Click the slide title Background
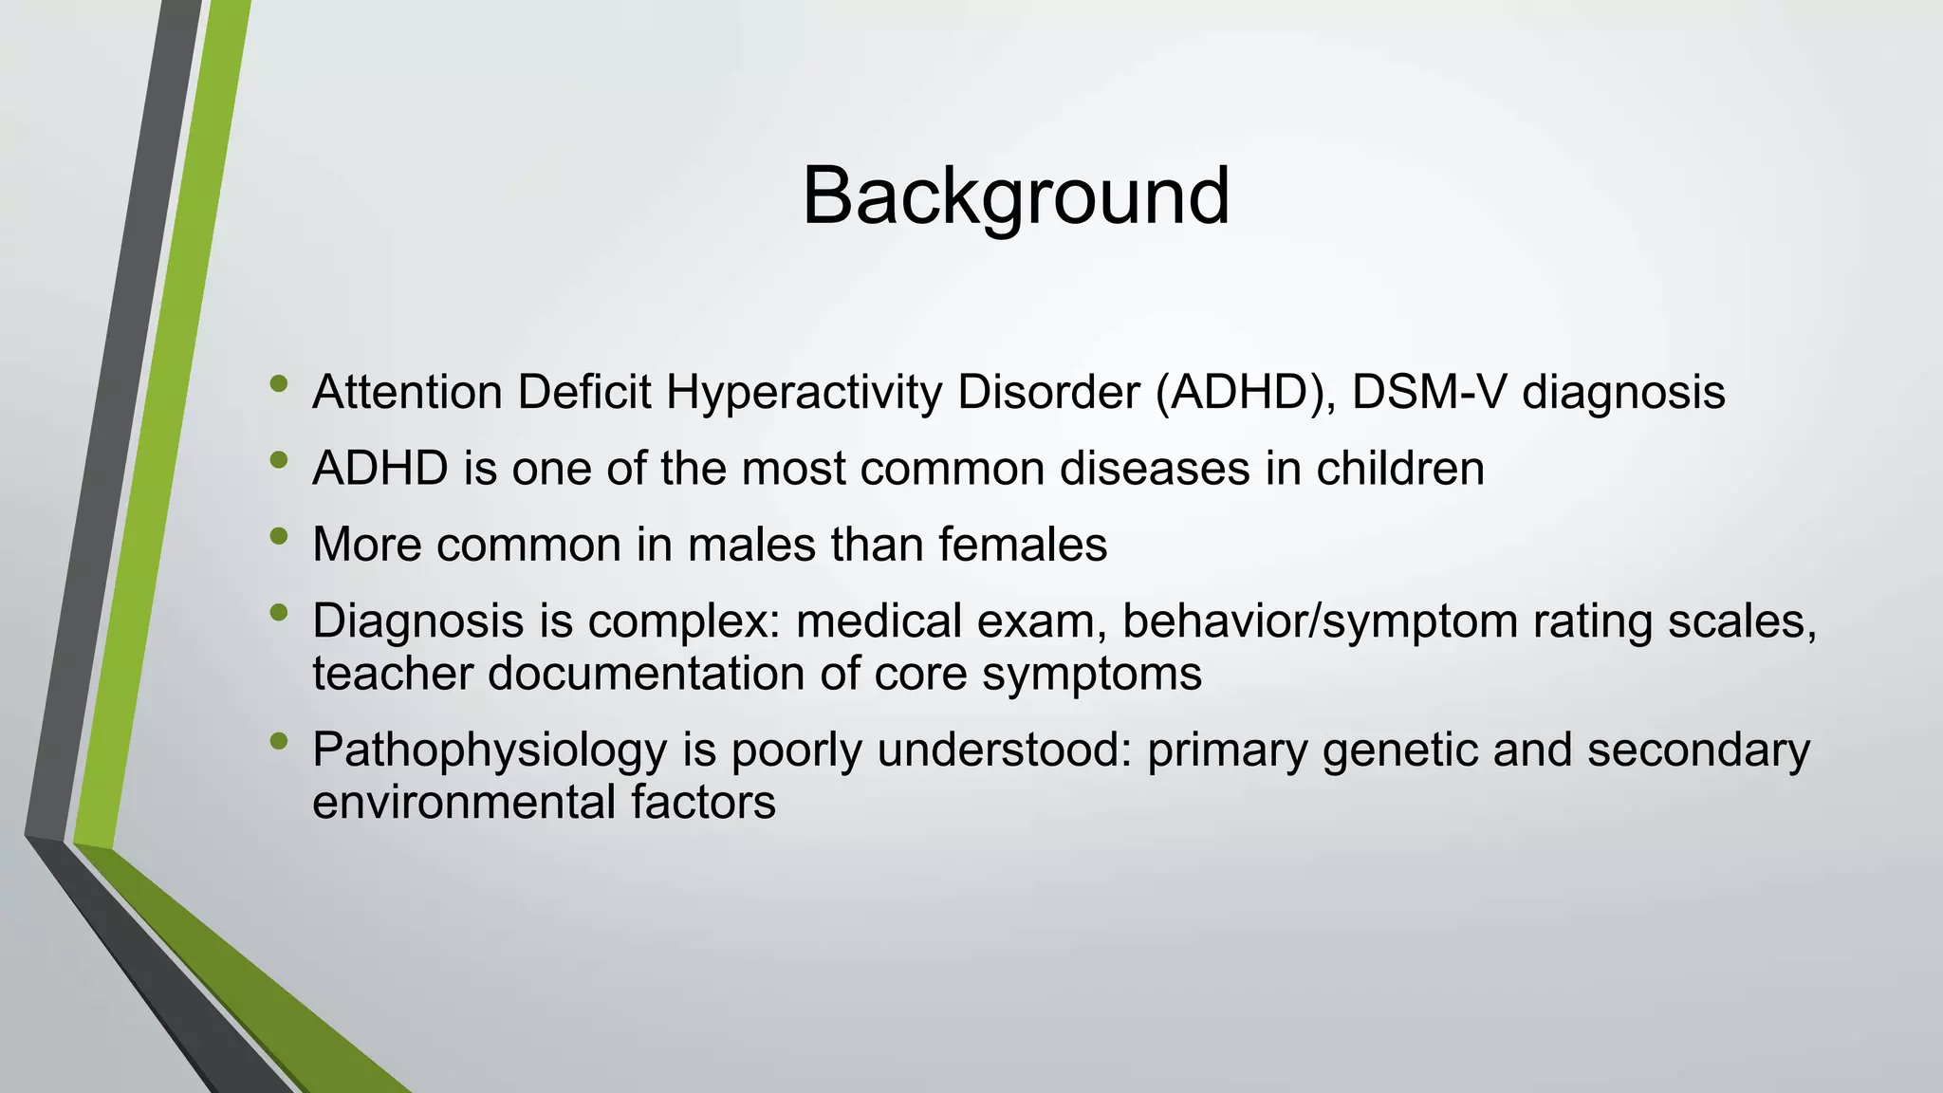point(1015,196)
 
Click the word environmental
point(464,803)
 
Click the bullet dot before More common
point(278,536)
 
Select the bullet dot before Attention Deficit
point(278,383)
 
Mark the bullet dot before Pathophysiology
point(278,741)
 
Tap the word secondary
point(1698,750)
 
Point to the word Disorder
point(1048,392)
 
